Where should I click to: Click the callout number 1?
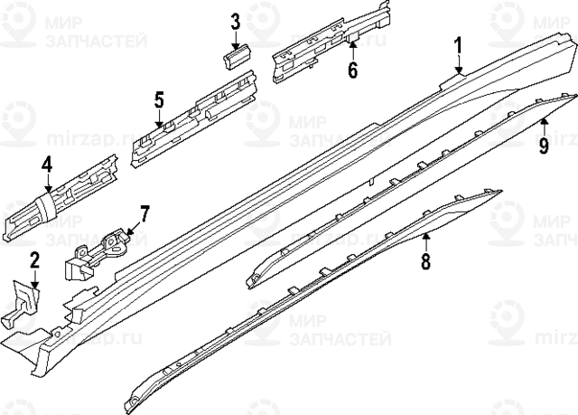(458, 44)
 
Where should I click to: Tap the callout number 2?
(34, 262)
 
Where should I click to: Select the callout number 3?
(235, 22)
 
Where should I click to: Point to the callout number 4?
(46, 165)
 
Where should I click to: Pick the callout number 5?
(159, 99)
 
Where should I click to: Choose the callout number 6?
(352, 69)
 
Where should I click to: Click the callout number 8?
(426, 262)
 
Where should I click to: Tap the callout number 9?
(545, 143)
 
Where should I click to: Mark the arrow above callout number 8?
(426, 239)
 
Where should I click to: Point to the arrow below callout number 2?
(34, 283)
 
